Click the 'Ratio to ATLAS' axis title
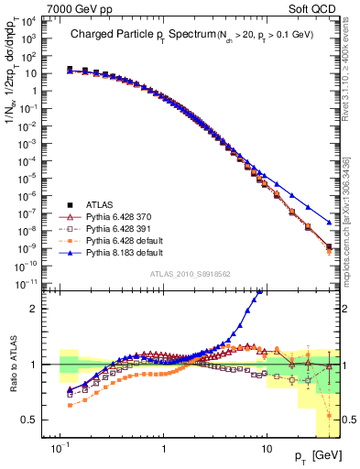(12, 365)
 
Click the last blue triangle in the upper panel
(329, 222)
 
